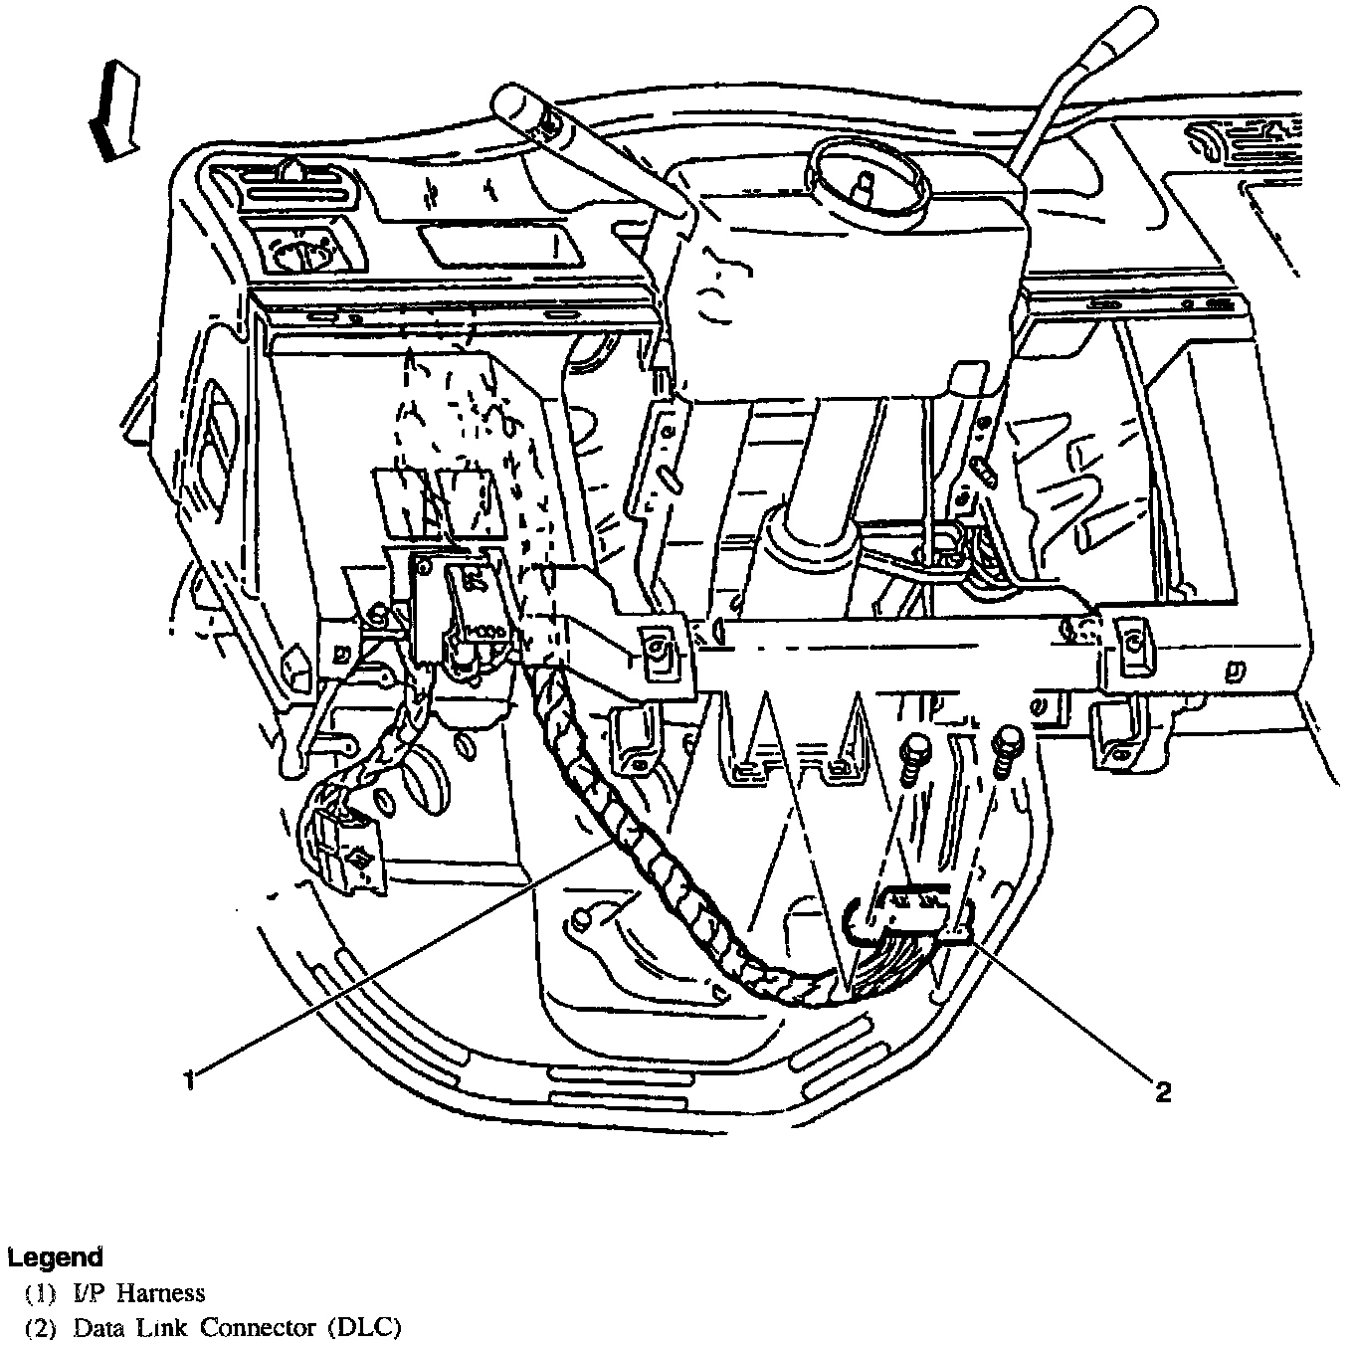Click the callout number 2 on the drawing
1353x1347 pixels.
(x=1161, y=1092)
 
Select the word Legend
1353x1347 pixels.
(x=55, y=1256)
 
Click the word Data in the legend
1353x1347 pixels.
(x=96, y=1327)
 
